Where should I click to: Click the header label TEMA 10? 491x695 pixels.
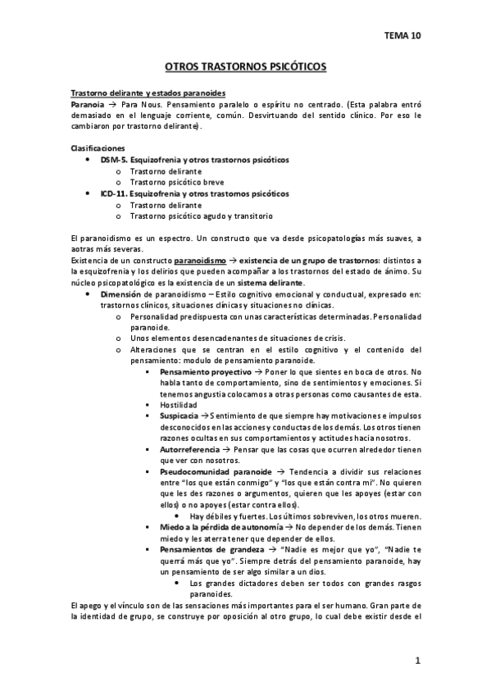[402, 35]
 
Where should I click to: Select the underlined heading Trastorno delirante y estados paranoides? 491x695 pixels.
[148, 93]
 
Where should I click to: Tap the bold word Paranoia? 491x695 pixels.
[88, 105]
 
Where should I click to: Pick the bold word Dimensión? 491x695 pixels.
[122, 293]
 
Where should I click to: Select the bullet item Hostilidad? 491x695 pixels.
[178, 405]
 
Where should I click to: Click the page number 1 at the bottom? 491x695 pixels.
[417, 661]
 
